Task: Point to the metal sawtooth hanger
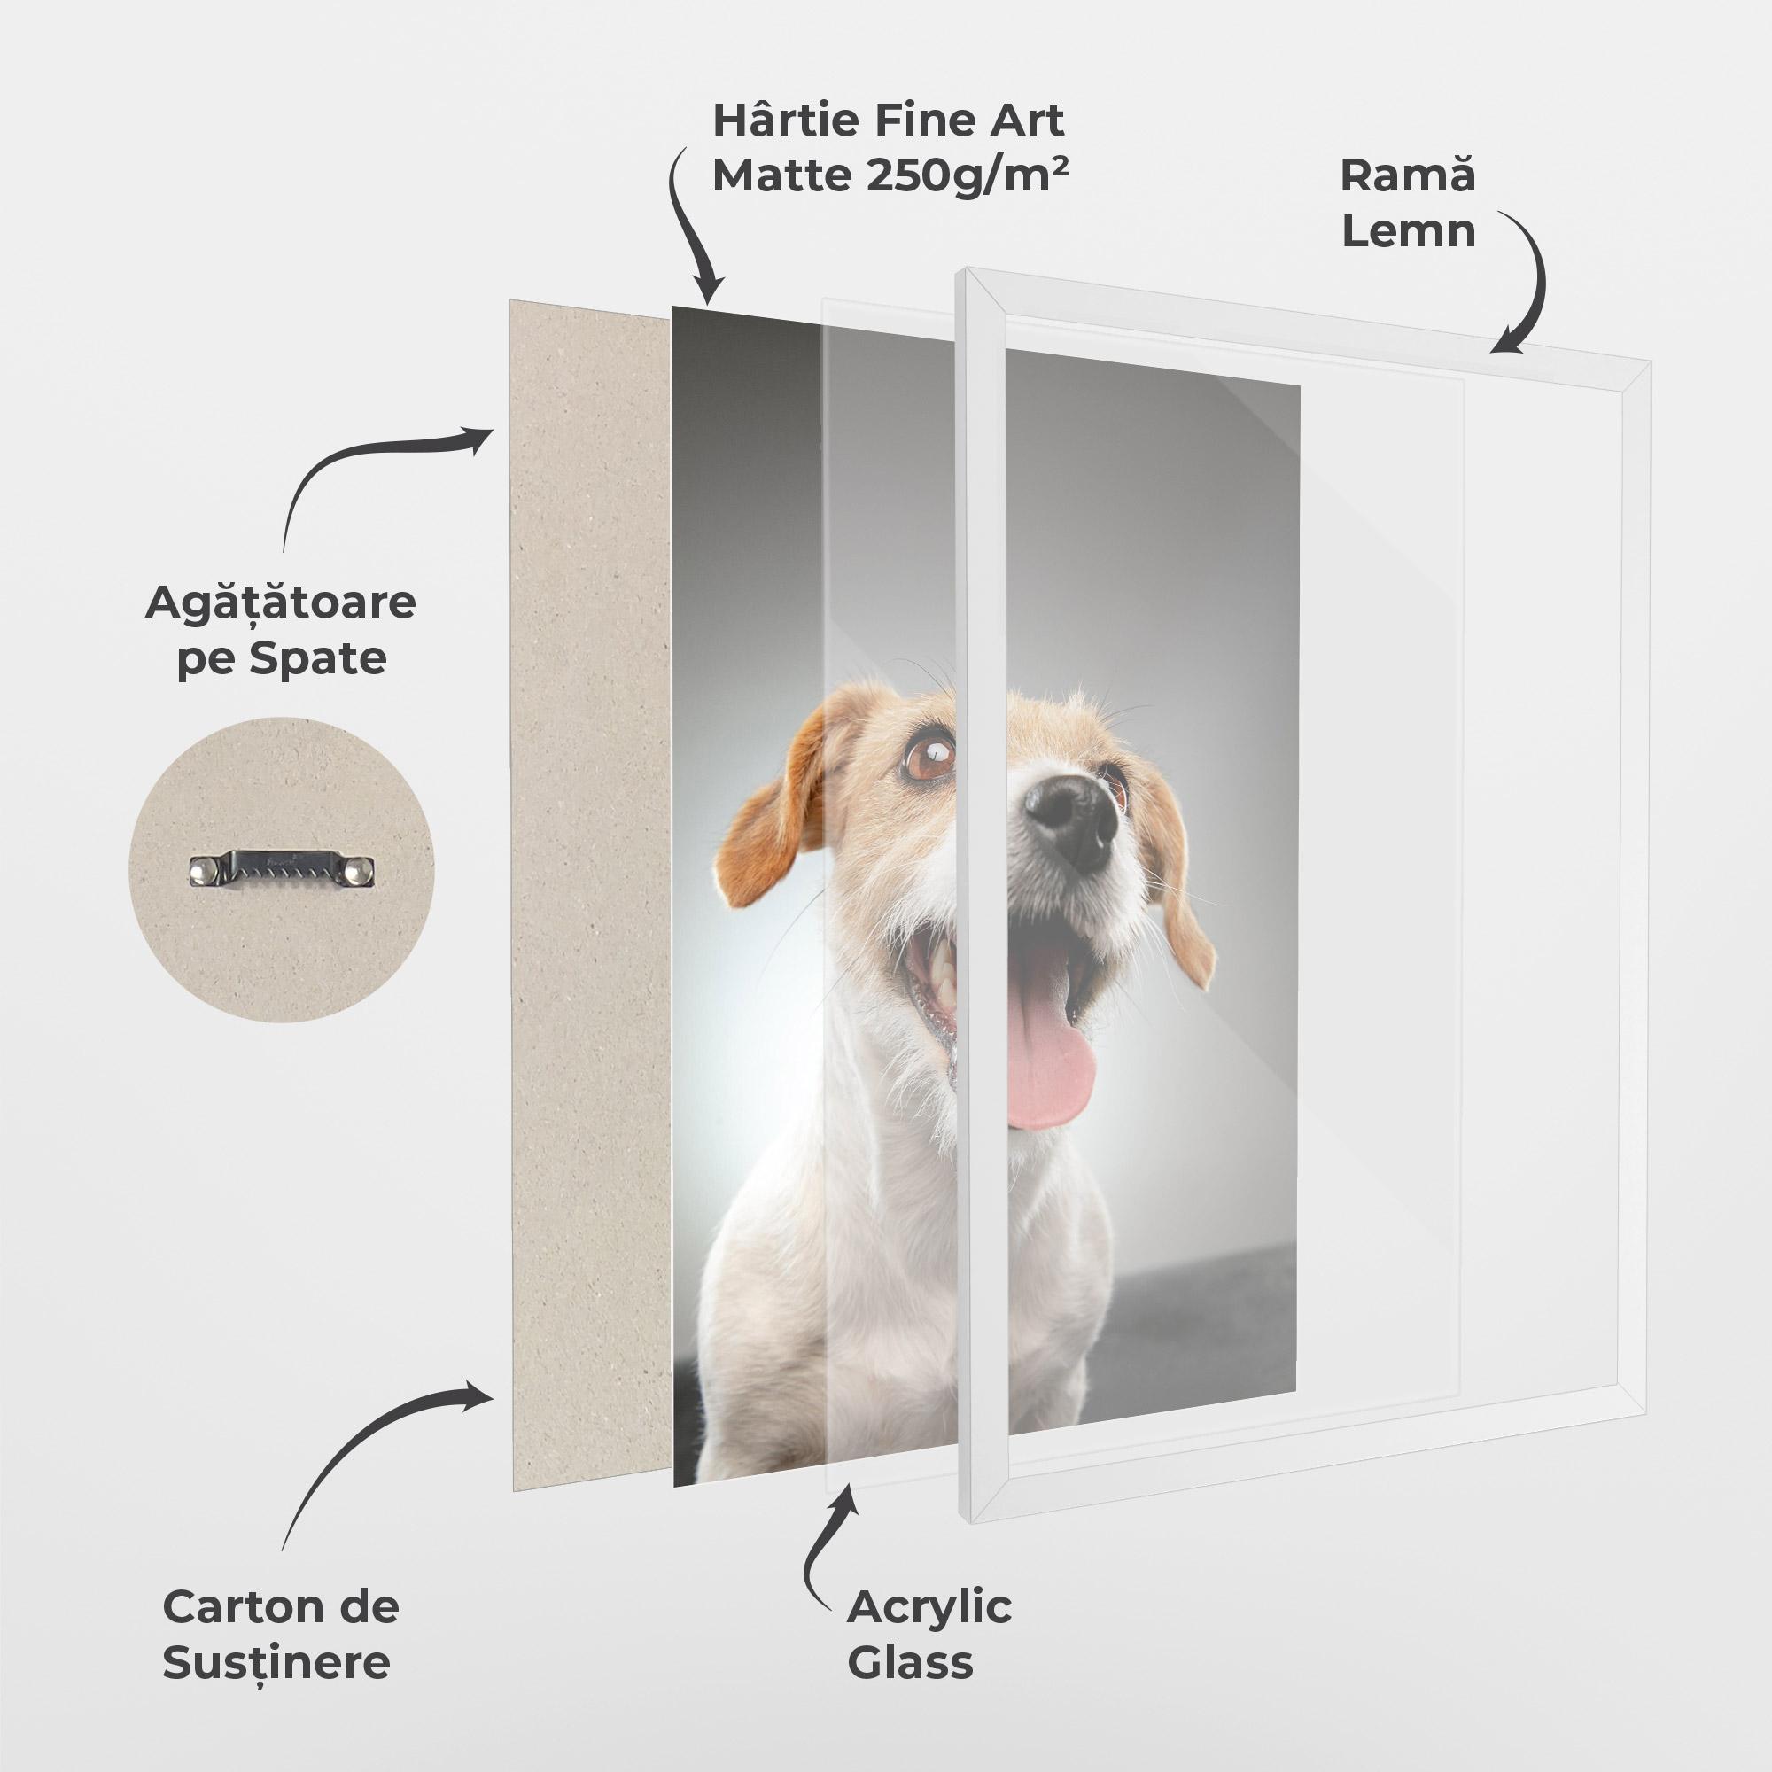tap(283, 869)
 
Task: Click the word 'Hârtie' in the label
tap(781, 120)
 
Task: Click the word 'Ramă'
tap(1408, 175)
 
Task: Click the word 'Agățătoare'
tap(280, 602)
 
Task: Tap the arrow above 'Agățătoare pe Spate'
tap(367, 468)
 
